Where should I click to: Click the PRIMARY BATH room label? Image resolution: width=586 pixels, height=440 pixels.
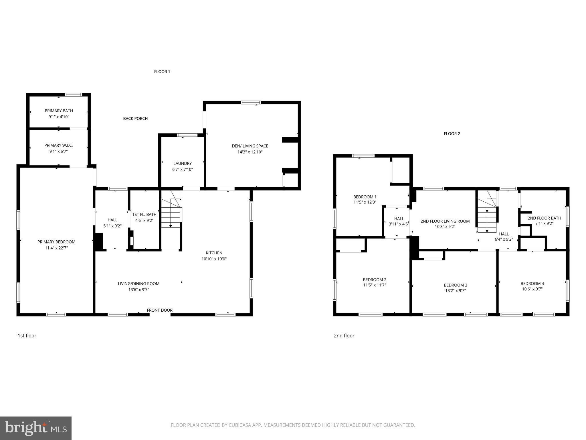click(x=59, y=111)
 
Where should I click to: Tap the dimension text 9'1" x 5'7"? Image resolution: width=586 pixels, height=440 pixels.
click(x=58, y=152)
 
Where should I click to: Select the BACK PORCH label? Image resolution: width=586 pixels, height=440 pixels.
click(x=135, y=119)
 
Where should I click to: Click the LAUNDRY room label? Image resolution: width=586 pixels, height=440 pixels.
click(x=182, y=164)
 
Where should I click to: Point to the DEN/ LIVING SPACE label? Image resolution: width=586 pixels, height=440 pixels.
click(x=250, y=146)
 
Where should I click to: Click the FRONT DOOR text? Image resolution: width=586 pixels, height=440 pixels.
click(x=160, y=310)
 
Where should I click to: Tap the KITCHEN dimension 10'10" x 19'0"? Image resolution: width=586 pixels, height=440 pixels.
click(x=214, y=259)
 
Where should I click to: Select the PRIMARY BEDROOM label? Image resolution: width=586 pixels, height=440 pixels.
click(x=56, y=242)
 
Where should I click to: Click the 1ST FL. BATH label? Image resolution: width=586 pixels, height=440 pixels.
click(x=144, y=215)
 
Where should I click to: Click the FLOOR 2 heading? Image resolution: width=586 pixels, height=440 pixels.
click(x=452, y=134)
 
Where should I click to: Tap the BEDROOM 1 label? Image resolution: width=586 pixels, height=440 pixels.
click(x=365, y=197)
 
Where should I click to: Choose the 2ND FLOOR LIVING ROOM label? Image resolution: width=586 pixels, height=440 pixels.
click(x=445, y=221)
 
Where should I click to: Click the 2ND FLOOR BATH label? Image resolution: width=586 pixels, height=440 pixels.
click(x=544, y=218)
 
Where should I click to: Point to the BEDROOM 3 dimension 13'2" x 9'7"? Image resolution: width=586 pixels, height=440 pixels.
click(x=456, y=290)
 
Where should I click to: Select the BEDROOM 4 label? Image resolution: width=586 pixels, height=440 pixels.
click(x=532, y=284)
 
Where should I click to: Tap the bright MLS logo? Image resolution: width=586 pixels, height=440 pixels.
click(x=36, y=428)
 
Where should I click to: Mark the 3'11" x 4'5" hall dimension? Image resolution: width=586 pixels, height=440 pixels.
click(x=398, y=224)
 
